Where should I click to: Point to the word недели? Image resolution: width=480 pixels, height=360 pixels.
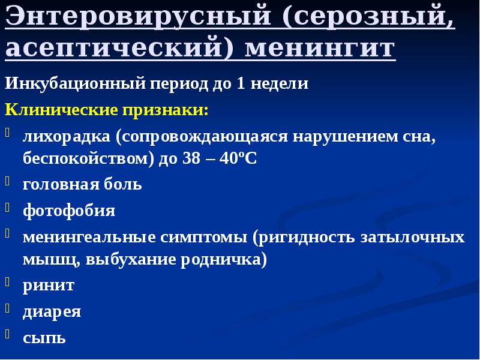tap(280, 83)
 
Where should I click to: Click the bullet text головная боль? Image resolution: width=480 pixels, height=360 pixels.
tap(82, 184)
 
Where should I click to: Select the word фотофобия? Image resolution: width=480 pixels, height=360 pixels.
tap(69, 211)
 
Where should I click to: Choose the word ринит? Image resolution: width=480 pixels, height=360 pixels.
tap(49, 285)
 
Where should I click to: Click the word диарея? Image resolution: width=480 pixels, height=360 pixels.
tap(52, 311)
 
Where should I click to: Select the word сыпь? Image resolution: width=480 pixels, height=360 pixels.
tap(44, 338)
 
